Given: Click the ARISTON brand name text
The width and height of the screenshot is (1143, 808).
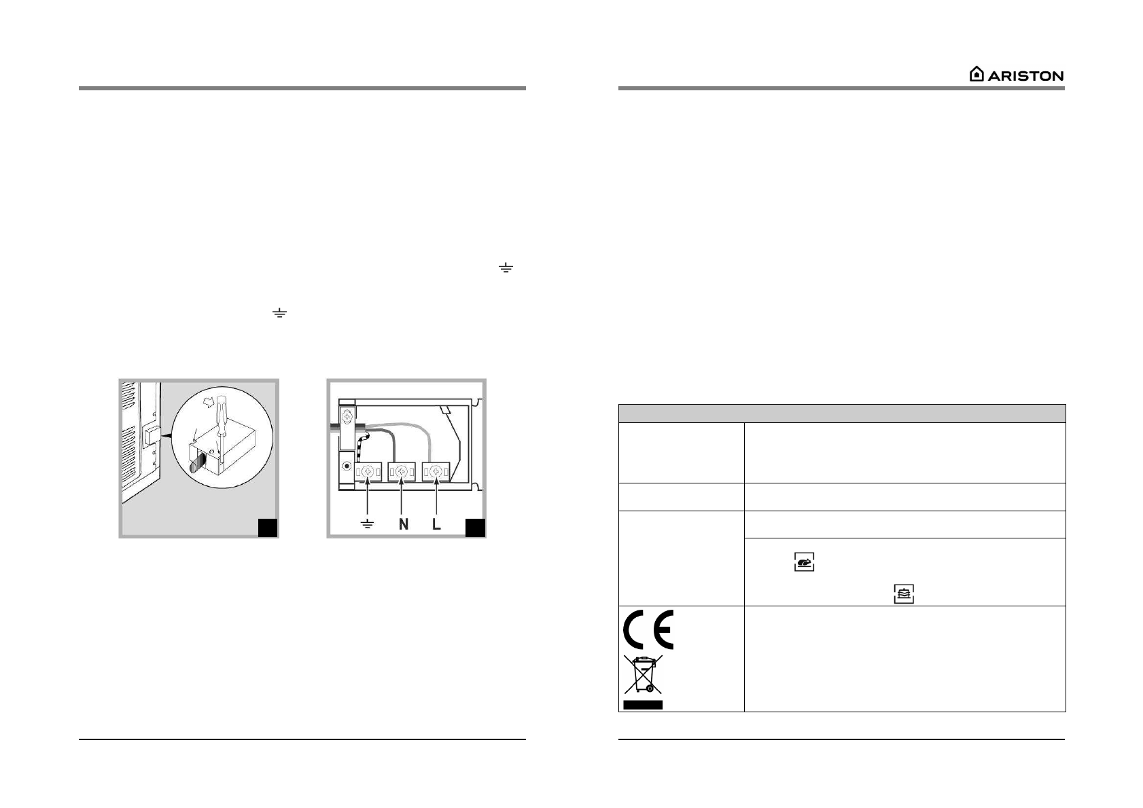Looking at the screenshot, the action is pos(1025,75).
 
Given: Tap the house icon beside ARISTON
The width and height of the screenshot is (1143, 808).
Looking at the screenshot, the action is pos(976,74).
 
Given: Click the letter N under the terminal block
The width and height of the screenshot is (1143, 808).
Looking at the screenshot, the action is pos(403,525).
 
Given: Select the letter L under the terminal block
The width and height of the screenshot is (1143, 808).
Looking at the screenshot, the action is pos(436,525).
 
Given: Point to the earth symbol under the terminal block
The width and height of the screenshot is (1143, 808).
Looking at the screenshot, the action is pos(368,525).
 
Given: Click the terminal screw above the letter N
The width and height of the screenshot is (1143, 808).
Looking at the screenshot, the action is pos(402,471).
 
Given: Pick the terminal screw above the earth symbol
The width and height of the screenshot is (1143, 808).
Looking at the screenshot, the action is pos(368,471).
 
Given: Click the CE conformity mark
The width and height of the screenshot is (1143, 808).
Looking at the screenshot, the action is pos(648,629).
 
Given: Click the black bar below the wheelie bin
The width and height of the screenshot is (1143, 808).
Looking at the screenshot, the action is pos(643,705).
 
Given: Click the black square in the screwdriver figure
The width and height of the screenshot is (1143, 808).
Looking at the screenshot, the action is pos(268,528).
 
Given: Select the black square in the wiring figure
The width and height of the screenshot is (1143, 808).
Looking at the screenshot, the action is pos(475,528).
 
